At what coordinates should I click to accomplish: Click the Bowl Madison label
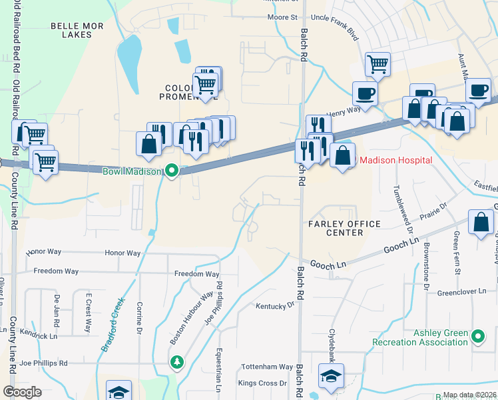click(x=132, y=172)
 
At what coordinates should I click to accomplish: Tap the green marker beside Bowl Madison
click(x=172, y=171)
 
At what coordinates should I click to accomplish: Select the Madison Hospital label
click(x=395, y=160)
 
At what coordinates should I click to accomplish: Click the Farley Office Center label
click(x=345, y=228)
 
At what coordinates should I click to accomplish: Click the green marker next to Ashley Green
click(x=478, y=337)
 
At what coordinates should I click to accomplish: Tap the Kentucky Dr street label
click(x=275, y=305)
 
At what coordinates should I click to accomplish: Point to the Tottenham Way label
click(x=267, y=367)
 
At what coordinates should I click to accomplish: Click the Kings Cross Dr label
click(x=262, y=383)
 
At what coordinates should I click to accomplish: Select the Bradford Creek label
click(x=113, y=324)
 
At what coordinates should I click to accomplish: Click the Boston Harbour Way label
click(x=191, y=317)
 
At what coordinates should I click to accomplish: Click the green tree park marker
click(x=176, y=362)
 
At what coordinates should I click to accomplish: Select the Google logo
click(x=22, y=392)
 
